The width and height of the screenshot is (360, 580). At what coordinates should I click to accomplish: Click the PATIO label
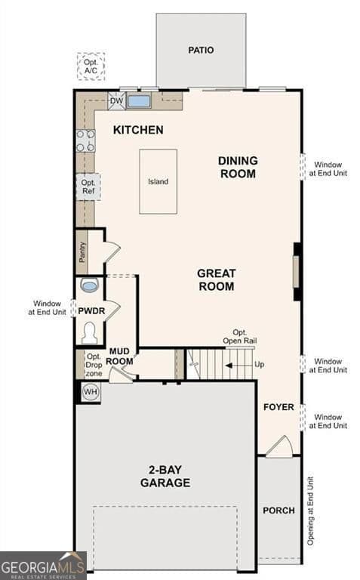tap(201, 51)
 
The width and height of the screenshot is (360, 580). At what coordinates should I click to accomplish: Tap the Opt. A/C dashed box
tap(91, 66)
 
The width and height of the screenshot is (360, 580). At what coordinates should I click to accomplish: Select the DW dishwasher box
tap(116, 101)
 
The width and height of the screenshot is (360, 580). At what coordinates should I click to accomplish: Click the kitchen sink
tap(139, 101)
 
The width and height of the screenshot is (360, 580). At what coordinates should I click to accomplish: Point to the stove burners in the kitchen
tap(85, 140)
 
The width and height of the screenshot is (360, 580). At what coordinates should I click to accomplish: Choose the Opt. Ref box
tap(87, 187)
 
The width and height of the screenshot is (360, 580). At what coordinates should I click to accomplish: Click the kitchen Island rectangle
tap(158, 181)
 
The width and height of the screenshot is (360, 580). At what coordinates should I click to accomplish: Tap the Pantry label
tap(82, 251)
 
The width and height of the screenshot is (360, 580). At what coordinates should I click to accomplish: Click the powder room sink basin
tap(89, 285)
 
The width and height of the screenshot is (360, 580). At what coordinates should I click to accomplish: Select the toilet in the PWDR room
tap(90, 332)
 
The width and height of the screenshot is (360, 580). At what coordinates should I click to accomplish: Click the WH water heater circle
tap(91, 391)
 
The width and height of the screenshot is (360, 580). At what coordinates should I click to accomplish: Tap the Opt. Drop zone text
tap(94, 365)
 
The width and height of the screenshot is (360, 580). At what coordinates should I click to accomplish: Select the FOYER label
tap(278, 407)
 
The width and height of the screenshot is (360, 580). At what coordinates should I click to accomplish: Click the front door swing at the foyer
tap(278, 447)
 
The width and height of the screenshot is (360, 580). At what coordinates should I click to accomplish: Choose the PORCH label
tap(278, 511)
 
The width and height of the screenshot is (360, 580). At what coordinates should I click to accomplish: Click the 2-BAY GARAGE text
tap(165, 477)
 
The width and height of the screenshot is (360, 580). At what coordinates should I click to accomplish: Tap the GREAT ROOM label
tap(216, 279)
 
